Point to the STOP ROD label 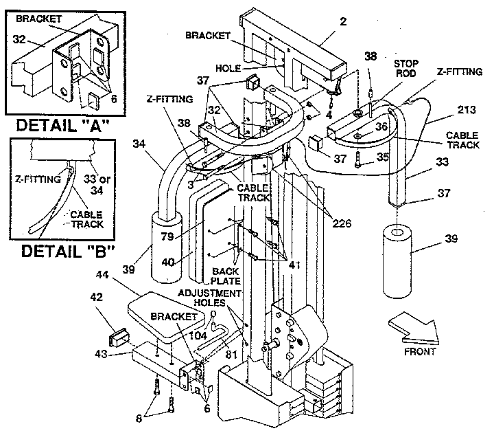[x=405, y=69]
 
